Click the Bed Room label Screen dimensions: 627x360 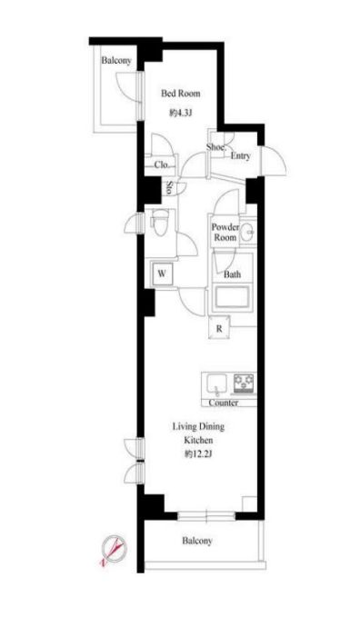pyautogui.click(x=180, y=94)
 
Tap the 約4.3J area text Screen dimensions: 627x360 pyautogui.click(x=180, y=114)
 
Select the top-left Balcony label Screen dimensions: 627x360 pyautogui.click(x=116, y=62)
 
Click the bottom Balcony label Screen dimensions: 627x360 pyautogui.click(x=196, y=541)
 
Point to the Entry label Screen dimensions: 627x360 pyautogui.click(x=240, y=156)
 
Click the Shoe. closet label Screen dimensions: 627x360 pyautogui.click(x=215, y=146)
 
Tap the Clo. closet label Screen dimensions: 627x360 pyautogui.click(x=161, y=165)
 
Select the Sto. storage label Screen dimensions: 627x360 pyautogui.click(x=169, y=189)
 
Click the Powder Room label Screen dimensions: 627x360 pyautogui.click(x=225, y=232)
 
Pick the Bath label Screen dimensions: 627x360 pyautogui.click(x=233, y=274)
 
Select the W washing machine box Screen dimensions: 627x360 pyautogui.click(x=160, y=273)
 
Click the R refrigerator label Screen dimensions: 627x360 pyautogui.click(x=219, y=328)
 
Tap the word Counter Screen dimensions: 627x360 pyautogui.click(x=223, y=403)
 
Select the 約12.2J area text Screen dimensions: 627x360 pyautogui.click(x=199, y=453)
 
